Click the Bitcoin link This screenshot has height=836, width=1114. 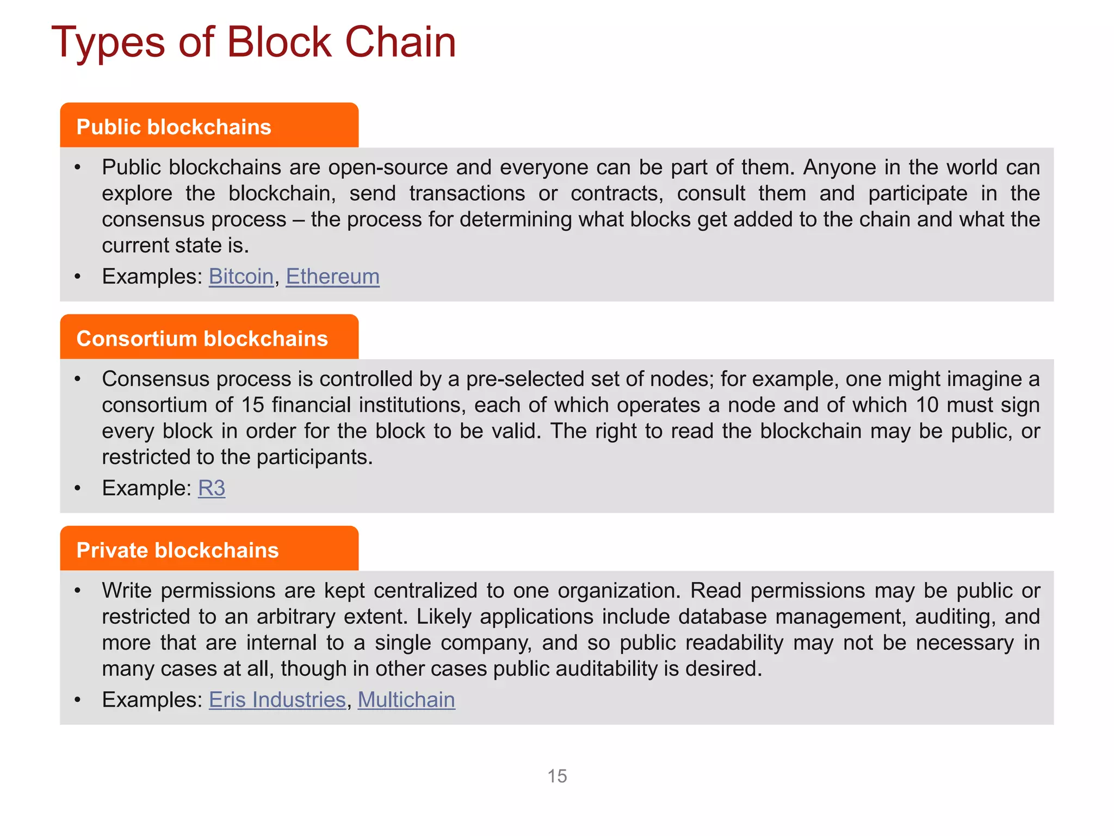coord(241,276)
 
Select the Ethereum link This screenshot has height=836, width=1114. coord(332,276)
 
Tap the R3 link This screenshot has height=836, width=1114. coord(211,488)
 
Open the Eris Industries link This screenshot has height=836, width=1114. coord(277,700)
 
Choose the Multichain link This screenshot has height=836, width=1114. coord(406,700)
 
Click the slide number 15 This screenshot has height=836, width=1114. coord(557,776)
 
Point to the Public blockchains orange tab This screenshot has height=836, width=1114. coord(209,126)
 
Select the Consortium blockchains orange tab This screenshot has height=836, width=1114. coord(209,337)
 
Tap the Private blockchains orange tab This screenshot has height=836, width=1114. coord(209,549)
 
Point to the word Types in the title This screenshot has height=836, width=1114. coord(108,42)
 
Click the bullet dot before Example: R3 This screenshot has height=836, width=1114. coord(78,488)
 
